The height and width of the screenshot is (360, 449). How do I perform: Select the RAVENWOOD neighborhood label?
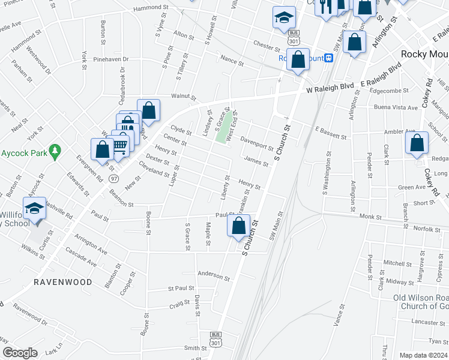(62, 281)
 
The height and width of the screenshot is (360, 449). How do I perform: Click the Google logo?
(20, 353)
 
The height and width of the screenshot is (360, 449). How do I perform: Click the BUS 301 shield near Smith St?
(216, 340)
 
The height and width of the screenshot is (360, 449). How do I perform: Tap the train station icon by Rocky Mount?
(328, 58)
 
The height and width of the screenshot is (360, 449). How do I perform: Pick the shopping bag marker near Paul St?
(239, 226)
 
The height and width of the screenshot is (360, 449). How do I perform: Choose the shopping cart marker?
(120, 144)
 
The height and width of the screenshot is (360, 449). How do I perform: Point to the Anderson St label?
(214, 275)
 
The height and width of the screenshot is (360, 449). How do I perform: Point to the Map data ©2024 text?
(423, 355)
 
